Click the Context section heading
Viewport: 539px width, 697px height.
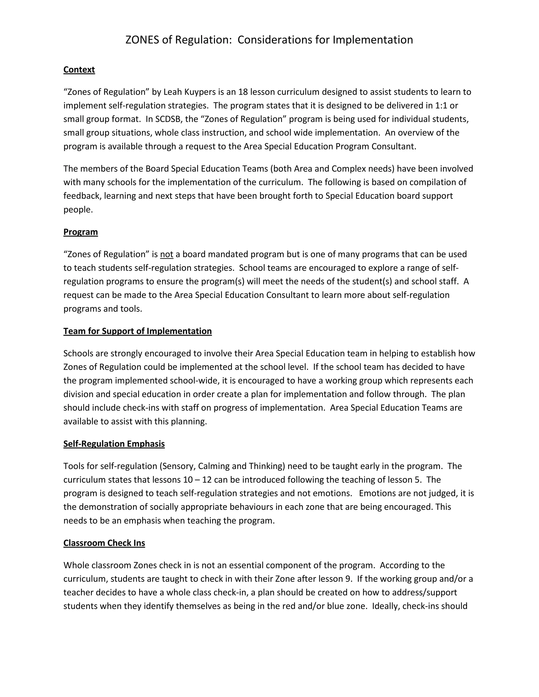coord(79,70)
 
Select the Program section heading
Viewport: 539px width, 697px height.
coord(81,232)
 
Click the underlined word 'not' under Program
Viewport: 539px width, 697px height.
coord(166,254)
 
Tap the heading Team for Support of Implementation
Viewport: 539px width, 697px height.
coord(137,331)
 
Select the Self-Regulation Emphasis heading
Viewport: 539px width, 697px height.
coord(114,444)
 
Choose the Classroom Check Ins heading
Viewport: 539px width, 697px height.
coord(104,543)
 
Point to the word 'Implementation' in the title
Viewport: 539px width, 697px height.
coord(373,40)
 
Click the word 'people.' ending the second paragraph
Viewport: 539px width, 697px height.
coord(78,210)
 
